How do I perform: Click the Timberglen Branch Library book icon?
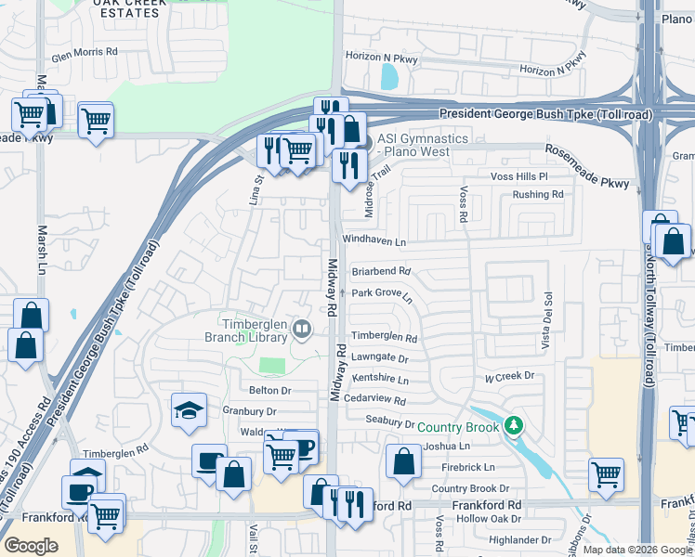(302, 329)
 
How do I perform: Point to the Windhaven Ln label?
(374, 241)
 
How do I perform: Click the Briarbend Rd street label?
(381, 272)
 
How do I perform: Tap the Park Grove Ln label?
(382, 292)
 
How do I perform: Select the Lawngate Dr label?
(380, 357)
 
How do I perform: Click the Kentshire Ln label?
(380, 380)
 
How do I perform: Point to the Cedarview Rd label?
(374, 401)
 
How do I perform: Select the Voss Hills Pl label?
(520, 175)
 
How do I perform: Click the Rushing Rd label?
(538, 195)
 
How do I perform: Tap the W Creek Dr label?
(510, 376)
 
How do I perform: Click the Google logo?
(31, 546)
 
